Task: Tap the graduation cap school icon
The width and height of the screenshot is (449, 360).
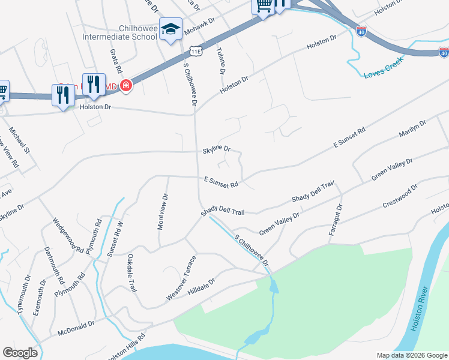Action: point(170,29)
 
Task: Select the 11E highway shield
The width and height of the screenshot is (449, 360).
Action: point(197,51)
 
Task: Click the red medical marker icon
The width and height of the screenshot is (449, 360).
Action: point(125,86)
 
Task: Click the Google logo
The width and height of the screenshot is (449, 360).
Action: point(20,352)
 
